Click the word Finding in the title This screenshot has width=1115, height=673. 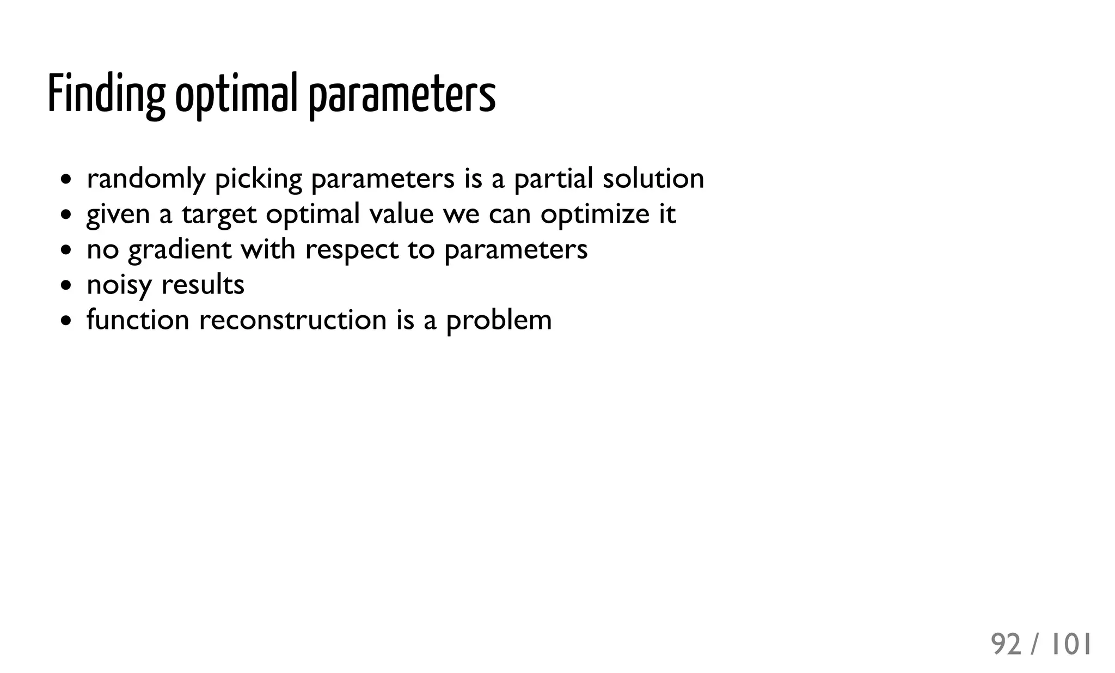106,94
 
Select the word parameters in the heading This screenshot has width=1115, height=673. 402,96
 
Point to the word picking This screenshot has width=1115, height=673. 259,179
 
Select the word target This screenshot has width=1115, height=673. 219,215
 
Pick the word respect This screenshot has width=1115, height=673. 352,250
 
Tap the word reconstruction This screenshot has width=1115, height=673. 293,320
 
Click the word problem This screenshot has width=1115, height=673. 499,321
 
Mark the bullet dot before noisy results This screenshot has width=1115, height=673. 66,285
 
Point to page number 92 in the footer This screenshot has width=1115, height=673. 1006,645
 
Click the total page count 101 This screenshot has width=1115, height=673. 1071,645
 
